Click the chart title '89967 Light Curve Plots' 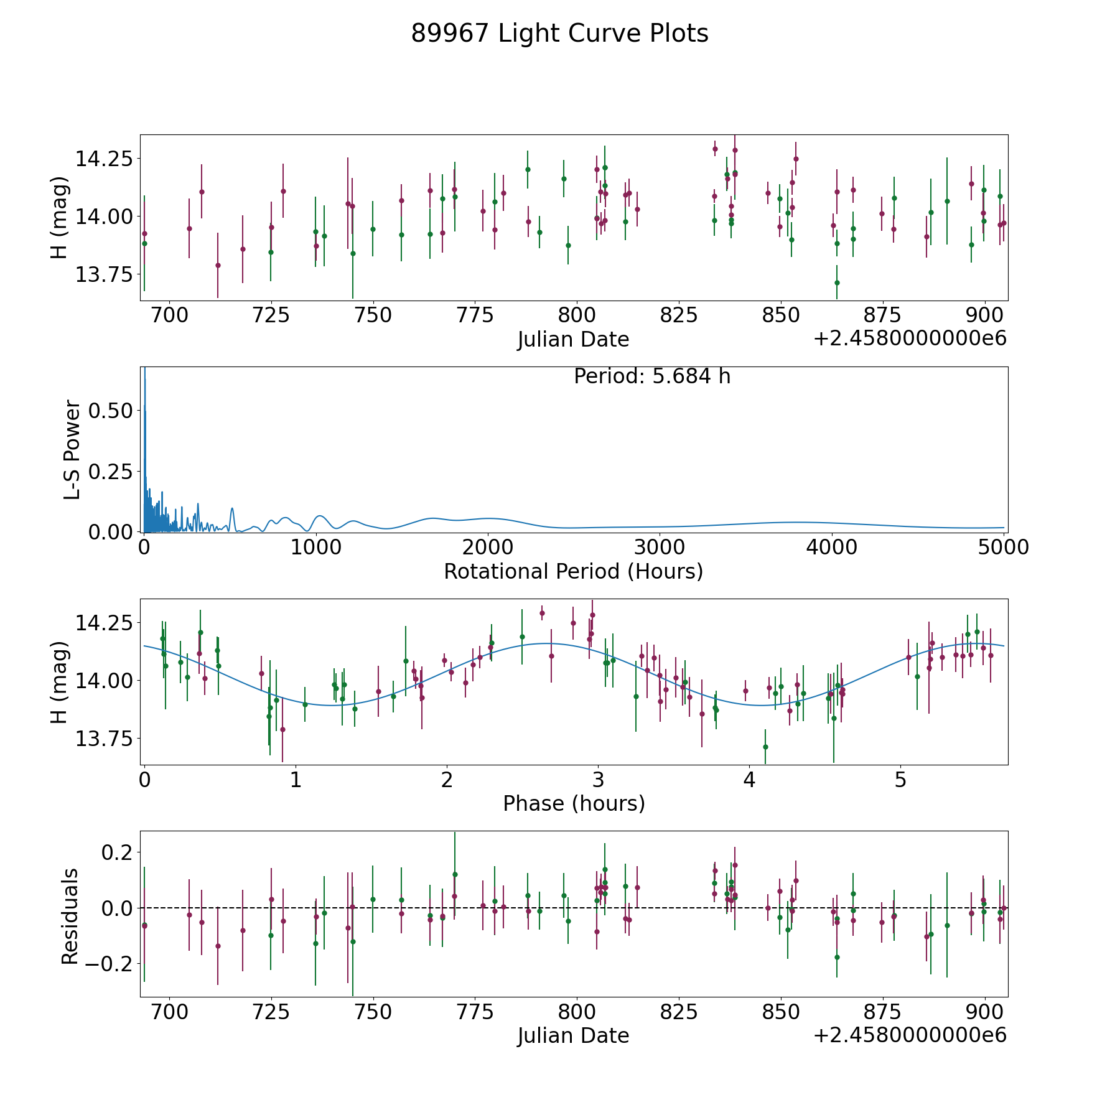pos(559,34)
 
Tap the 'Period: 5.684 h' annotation pos(652,376)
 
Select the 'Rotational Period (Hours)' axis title pos(573,571)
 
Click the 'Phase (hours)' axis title pos(574,804)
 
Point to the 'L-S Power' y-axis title pos(72,450)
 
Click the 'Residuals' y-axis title pos(70,917)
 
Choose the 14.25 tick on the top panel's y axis pos(104,159)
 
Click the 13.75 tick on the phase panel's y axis pos(104,739)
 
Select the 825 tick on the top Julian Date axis pos(679,315)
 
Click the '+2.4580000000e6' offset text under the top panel pos(910,338)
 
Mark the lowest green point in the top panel pos(837,282)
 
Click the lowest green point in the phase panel pos(765,747)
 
